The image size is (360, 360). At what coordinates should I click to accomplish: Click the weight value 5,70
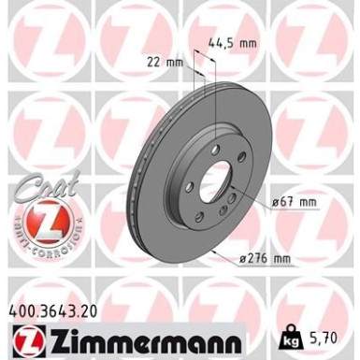[317, 329]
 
